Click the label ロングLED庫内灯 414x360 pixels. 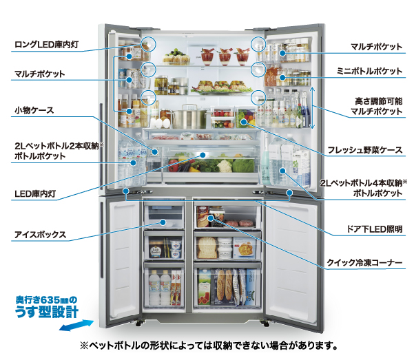coord(48,46)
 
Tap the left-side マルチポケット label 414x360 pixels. coord(41,73)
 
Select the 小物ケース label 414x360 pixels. coord(34,109)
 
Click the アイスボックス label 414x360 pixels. coord(40,235)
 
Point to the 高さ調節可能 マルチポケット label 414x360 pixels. coord(375,105)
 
